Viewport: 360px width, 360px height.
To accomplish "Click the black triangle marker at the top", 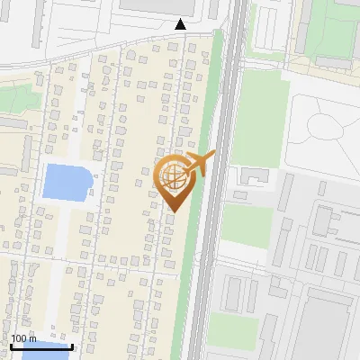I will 181,24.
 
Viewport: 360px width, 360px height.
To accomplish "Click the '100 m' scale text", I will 23,338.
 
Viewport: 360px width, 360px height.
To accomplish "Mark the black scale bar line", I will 41,346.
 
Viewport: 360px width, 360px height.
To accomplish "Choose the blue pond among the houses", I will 67,182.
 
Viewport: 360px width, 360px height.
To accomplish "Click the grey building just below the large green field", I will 253,175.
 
